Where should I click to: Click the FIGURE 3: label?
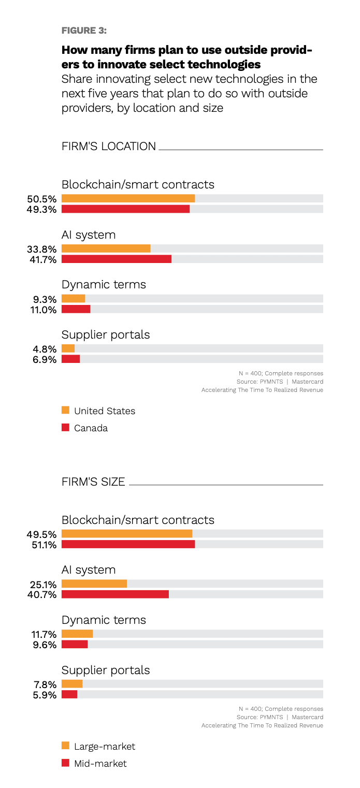[84, 31]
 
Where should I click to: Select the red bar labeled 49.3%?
[125, 209]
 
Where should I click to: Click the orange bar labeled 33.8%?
[106, 249]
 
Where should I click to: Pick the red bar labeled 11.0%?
[76, 309]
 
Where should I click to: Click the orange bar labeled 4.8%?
[68, 348]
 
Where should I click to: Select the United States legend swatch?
[65, 410]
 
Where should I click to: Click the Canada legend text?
[91, 428]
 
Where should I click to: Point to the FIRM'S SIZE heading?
[93, 482]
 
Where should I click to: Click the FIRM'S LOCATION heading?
[108, 147]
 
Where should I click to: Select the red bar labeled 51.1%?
[128, 544]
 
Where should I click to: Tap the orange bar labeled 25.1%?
[94, 583]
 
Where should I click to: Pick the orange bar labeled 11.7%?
[77, 634]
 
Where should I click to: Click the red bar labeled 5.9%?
[69, 694]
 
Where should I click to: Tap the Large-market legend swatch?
[65, 746]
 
